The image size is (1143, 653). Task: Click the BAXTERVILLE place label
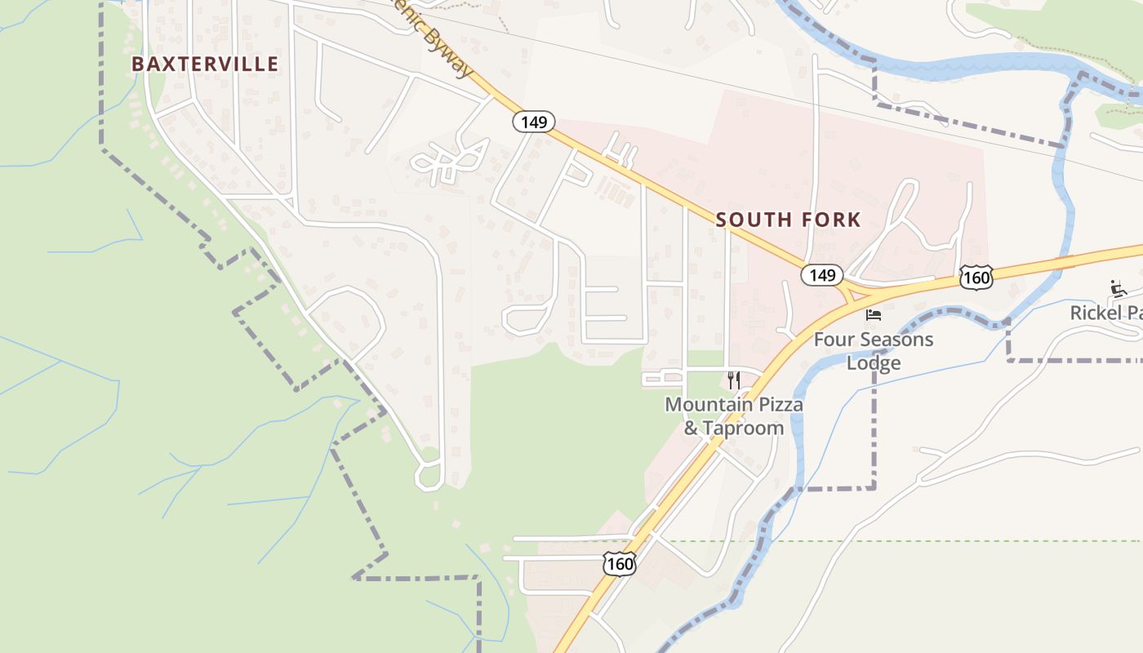coord(205,64)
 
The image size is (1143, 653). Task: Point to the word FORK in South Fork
coord(830,220)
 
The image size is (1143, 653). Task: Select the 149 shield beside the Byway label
coord(534,122)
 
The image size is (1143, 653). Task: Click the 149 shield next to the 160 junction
coord(821,275)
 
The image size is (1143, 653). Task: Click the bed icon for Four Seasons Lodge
coord(874,314)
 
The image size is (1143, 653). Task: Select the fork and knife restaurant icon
coord(733,380)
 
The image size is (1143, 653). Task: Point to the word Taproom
coord(744,429)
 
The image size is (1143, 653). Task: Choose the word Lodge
coord(873,363)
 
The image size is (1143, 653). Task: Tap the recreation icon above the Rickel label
coord(1119,288)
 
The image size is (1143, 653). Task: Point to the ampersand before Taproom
coord(691,429)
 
